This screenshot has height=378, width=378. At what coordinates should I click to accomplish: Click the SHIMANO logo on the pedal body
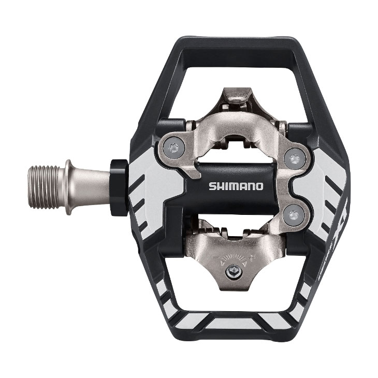click(236, 185)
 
